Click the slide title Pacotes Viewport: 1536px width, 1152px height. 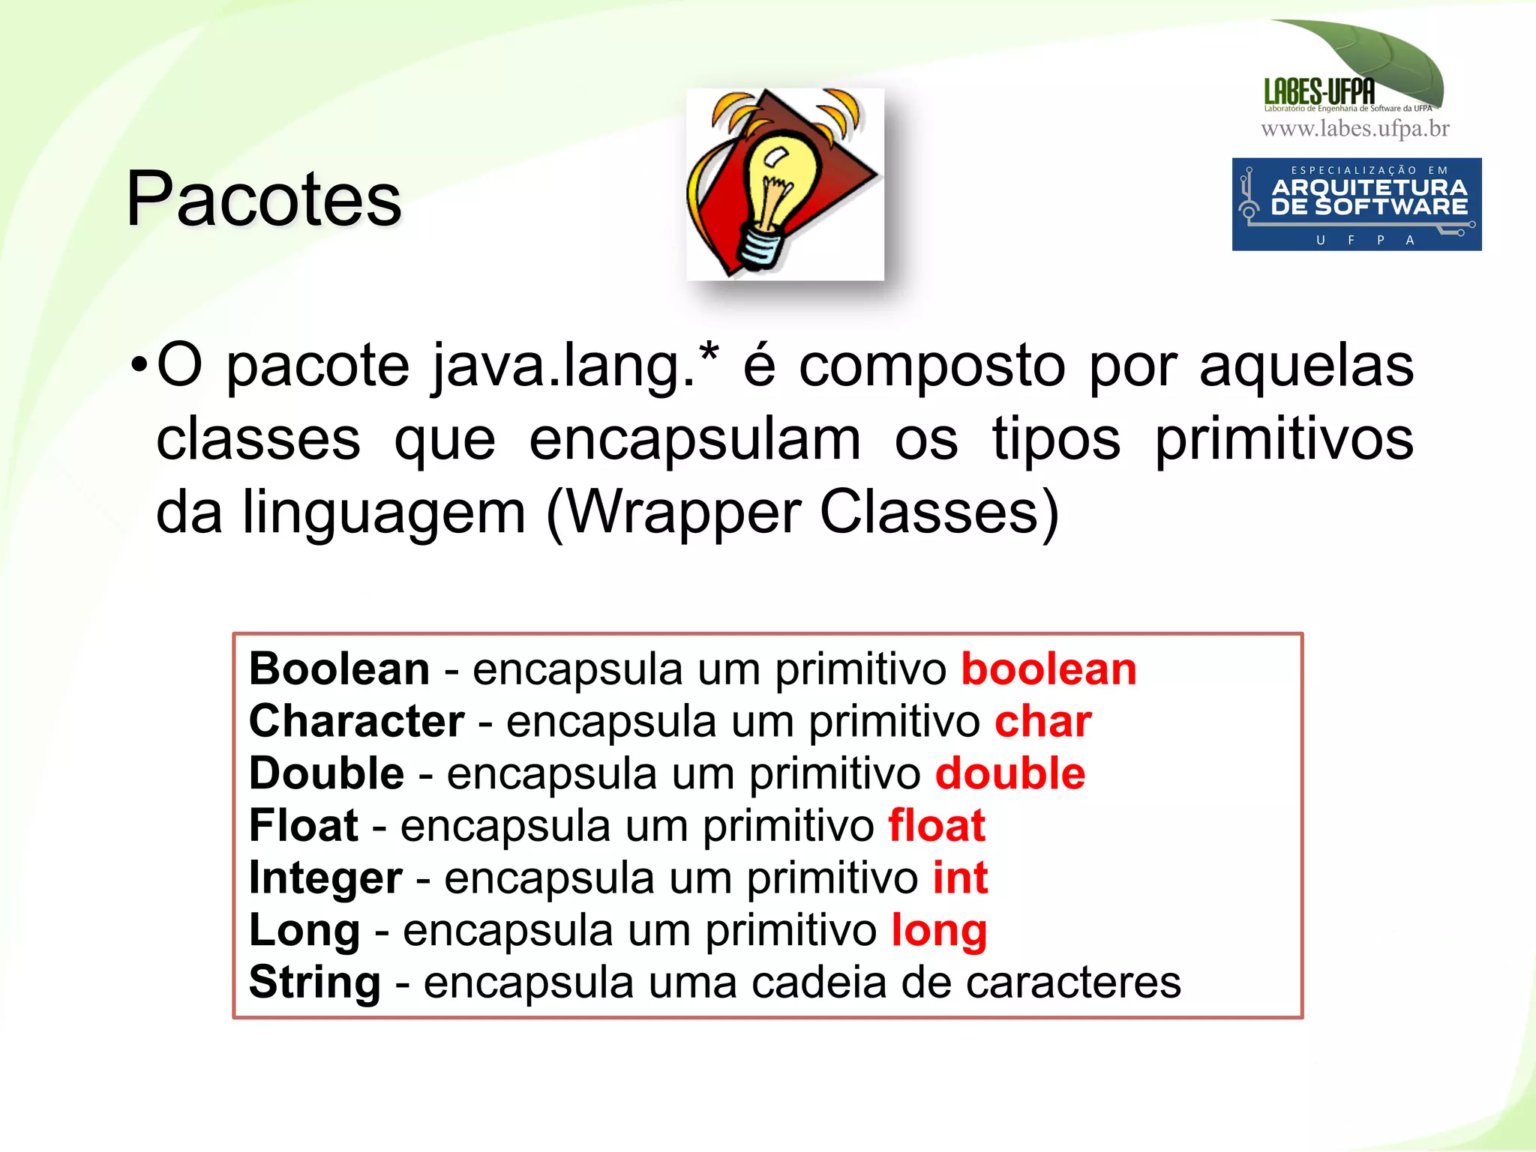pos(264,199)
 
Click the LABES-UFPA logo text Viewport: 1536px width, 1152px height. pos(1319,92)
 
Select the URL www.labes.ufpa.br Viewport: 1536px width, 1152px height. pos(1355,129)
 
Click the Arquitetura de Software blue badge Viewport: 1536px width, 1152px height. pos(1356,204)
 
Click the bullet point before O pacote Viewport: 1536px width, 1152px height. pos(139,366)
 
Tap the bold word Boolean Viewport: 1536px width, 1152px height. pos(339,669)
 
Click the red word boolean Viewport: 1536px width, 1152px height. pos(1048,669)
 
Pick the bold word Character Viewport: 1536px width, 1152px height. pos(356,721)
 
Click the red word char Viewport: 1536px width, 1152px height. pos(1042,721)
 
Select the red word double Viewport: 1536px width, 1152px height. pos(1009,773)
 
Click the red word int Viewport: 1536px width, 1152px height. pos(960,878)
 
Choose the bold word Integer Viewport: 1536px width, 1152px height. pos(325,878)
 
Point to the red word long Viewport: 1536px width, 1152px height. pos(939,931)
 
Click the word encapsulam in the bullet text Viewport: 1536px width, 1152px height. pos(694,440)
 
